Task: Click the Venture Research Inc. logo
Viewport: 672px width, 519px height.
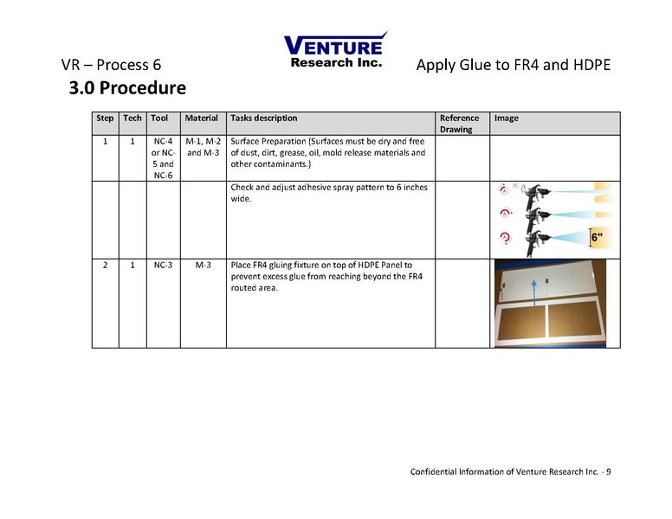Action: point(335,50)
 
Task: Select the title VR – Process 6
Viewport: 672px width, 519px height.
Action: point(111,65)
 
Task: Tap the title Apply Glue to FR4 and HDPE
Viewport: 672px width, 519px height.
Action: point(514,65)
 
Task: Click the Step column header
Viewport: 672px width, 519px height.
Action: point(105,119)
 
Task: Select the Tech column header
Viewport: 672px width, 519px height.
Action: point(132,119)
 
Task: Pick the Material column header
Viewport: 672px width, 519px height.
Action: point(201,119)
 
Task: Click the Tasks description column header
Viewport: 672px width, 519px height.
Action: point(264,119)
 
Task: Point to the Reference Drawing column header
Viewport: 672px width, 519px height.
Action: point(459,124)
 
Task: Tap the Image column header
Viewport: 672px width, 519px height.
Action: point(507,119)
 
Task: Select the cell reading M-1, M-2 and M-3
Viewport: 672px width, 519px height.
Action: point(203,147)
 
